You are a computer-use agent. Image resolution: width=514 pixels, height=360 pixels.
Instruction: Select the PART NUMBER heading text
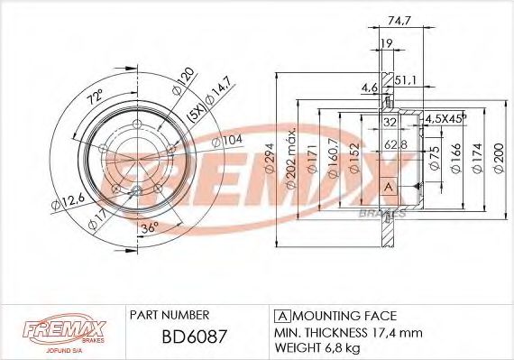170,315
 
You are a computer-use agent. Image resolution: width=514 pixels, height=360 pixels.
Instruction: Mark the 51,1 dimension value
404,78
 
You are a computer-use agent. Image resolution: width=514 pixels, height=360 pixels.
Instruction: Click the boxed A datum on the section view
389,187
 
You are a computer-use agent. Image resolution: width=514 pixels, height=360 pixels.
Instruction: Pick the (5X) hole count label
195,115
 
